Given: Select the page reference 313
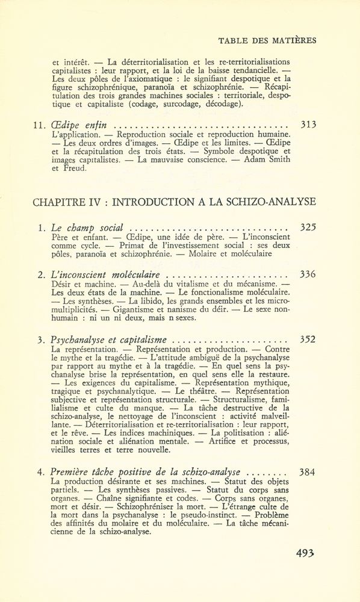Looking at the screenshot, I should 308,125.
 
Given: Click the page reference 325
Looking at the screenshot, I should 308,228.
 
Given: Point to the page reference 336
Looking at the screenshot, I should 308,275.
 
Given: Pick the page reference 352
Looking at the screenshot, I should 308,339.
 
